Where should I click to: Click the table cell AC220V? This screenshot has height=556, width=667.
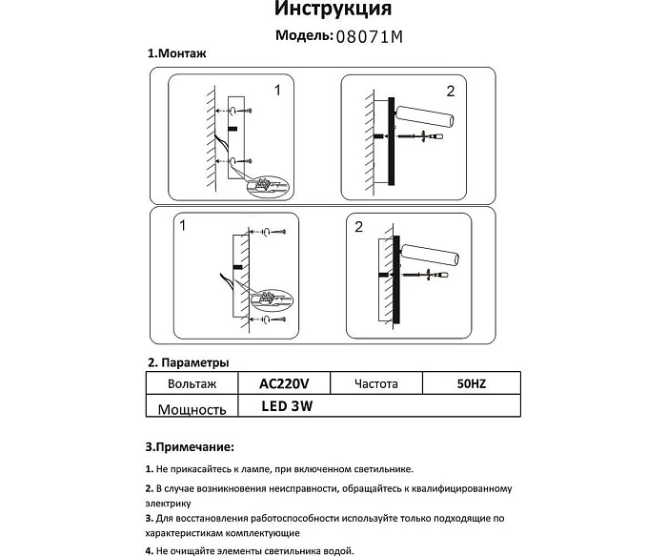284,383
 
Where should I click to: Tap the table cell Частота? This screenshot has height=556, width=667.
375,383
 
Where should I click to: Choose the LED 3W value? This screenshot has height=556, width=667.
287,405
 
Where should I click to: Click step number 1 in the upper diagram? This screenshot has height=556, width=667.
277,92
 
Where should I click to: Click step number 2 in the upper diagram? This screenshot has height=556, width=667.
450,92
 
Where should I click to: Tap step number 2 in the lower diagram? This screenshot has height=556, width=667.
358,227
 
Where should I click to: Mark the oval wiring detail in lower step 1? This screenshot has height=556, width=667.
266,299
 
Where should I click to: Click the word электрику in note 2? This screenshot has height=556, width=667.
168,503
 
